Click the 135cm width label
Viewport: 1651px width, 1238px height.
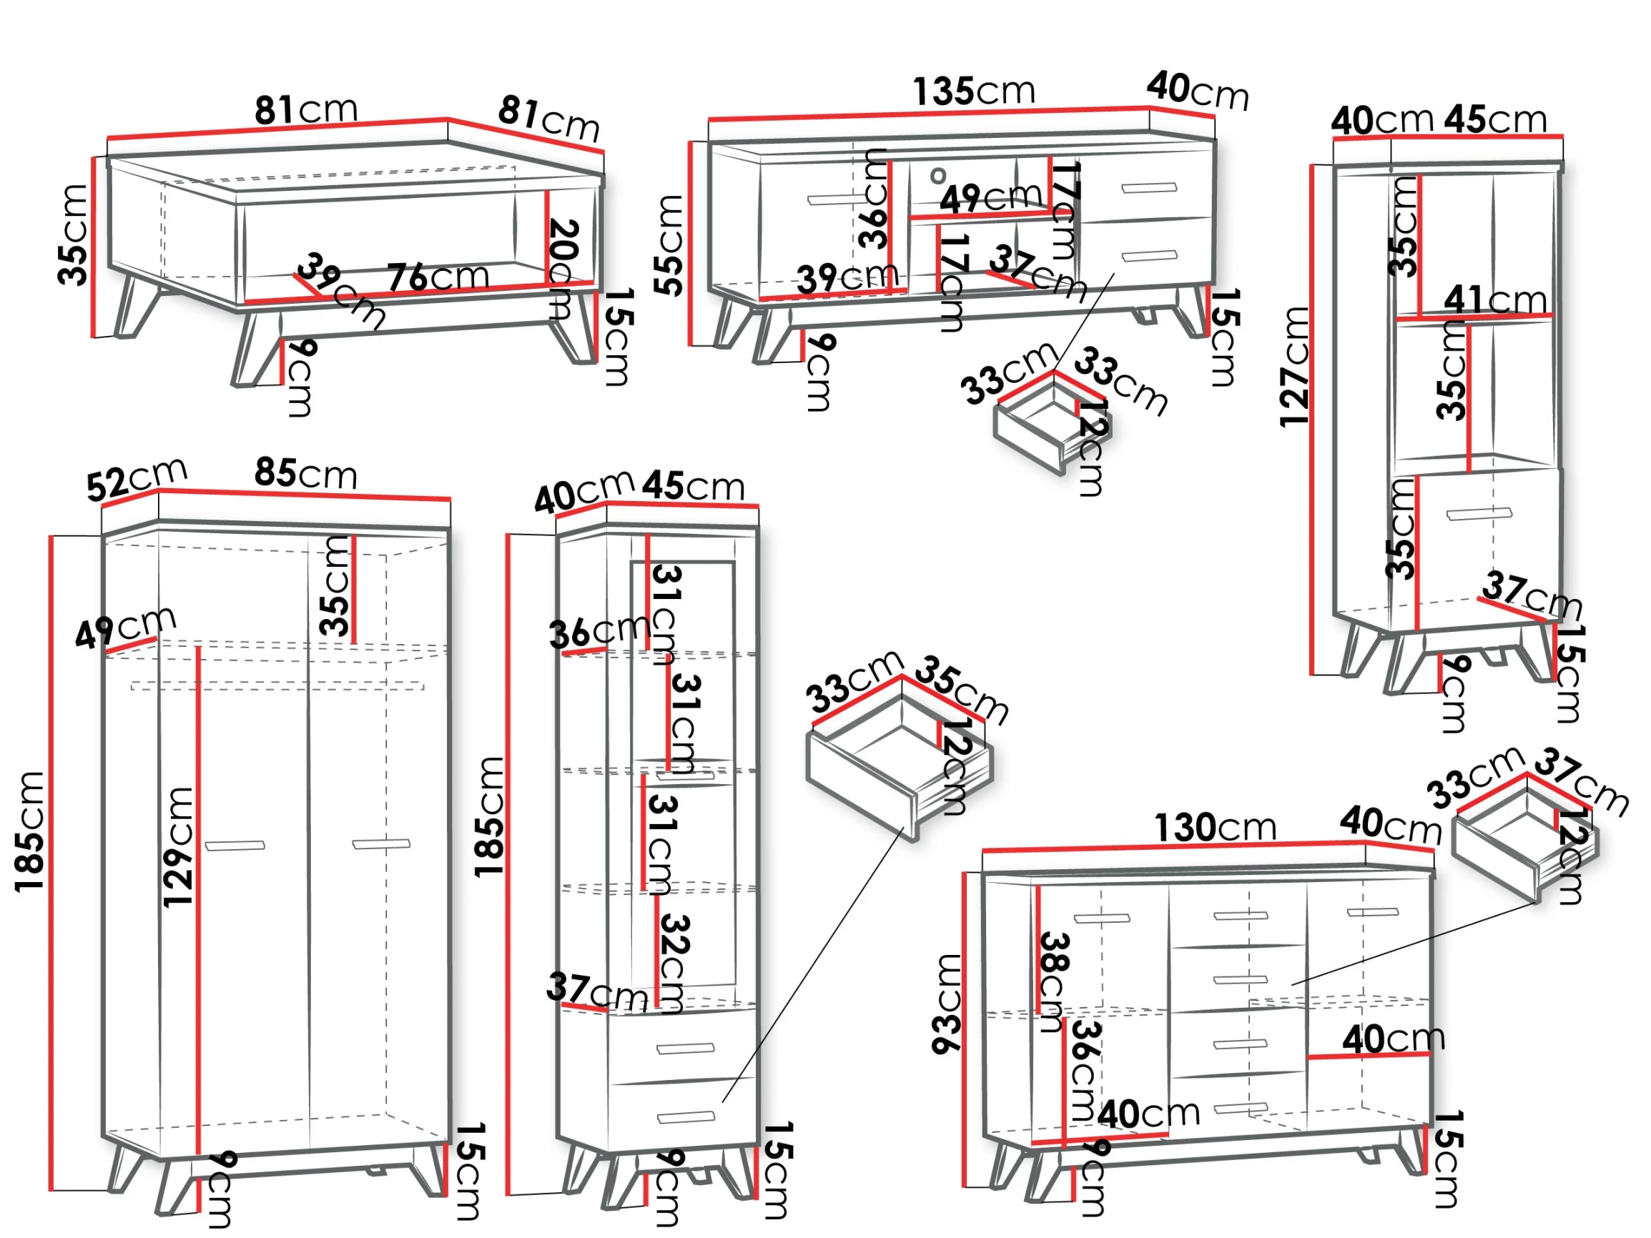coord(975,91)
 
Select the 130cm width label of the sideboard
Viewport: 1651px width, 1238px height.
coord(1215,828)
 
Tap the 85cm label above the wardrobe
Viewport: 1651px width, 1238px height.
coord(306,473)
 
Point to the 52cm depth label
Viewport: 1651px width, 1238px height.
coord(137,478)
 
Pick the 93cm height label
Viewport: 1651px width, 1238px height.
coord(947,1004)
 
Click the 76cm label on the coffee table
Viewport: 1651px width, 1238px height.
coord(438,277)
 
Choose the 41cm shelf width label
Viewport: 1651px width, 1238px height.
coord(1495,300)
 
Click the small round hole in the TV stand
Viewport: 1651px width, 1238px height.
coord(938,176)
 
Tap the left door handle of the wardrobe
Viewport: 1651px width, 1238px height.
coord(235,846)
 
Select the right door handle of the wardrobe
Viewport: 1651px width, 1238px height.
coord(381,844)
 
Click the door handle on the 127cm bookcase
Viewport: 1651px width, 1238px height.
coord(1479,514)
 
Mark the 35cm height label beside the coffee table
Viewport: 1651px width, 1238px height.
coord(72,234)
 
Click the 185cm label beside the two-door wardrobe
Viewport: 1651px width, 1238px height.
coord(30,832)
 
